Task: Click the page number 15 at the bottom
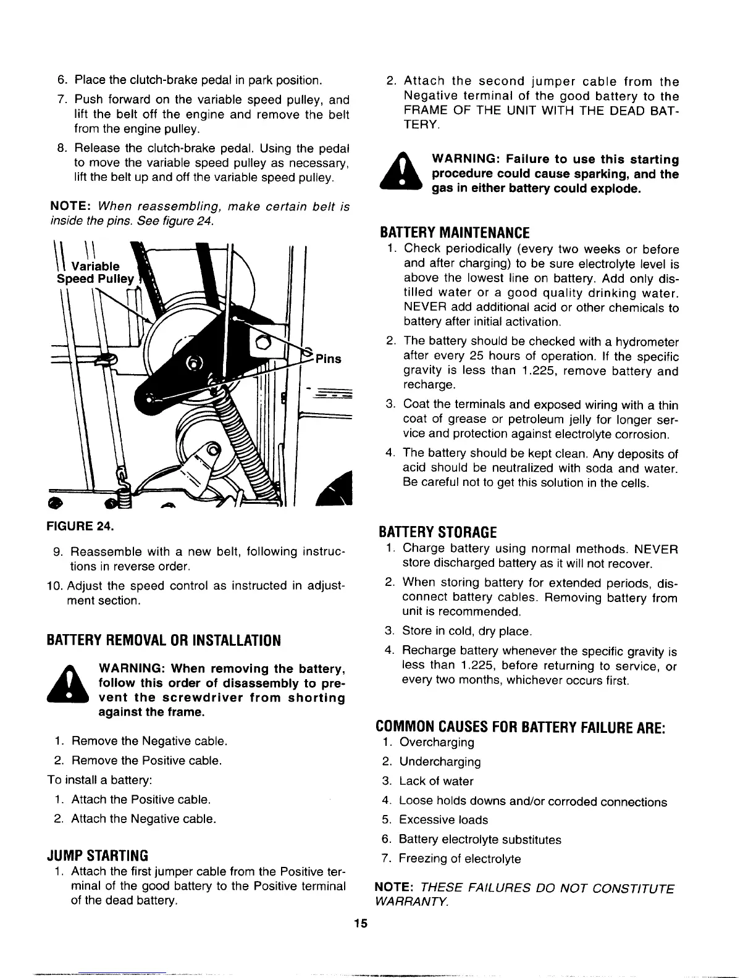(x=361, y=924)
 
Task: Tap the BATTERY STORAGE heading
(x=437, y=532)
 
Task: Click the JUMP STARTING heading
(x=98, y=855)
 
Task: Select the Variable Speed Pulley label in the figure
(x=94, y=272)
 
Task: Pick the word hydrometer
(x=645, y=342)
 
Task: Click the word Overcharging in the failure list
(x=437, y=742)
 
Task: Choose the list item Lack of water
(x=436, y=781)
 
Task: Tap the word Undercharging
(x=440, y=762)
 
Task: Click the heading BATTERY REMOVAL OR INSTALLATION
(x=164, y=640)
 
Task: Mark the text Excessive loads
(x=443, y=820)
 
